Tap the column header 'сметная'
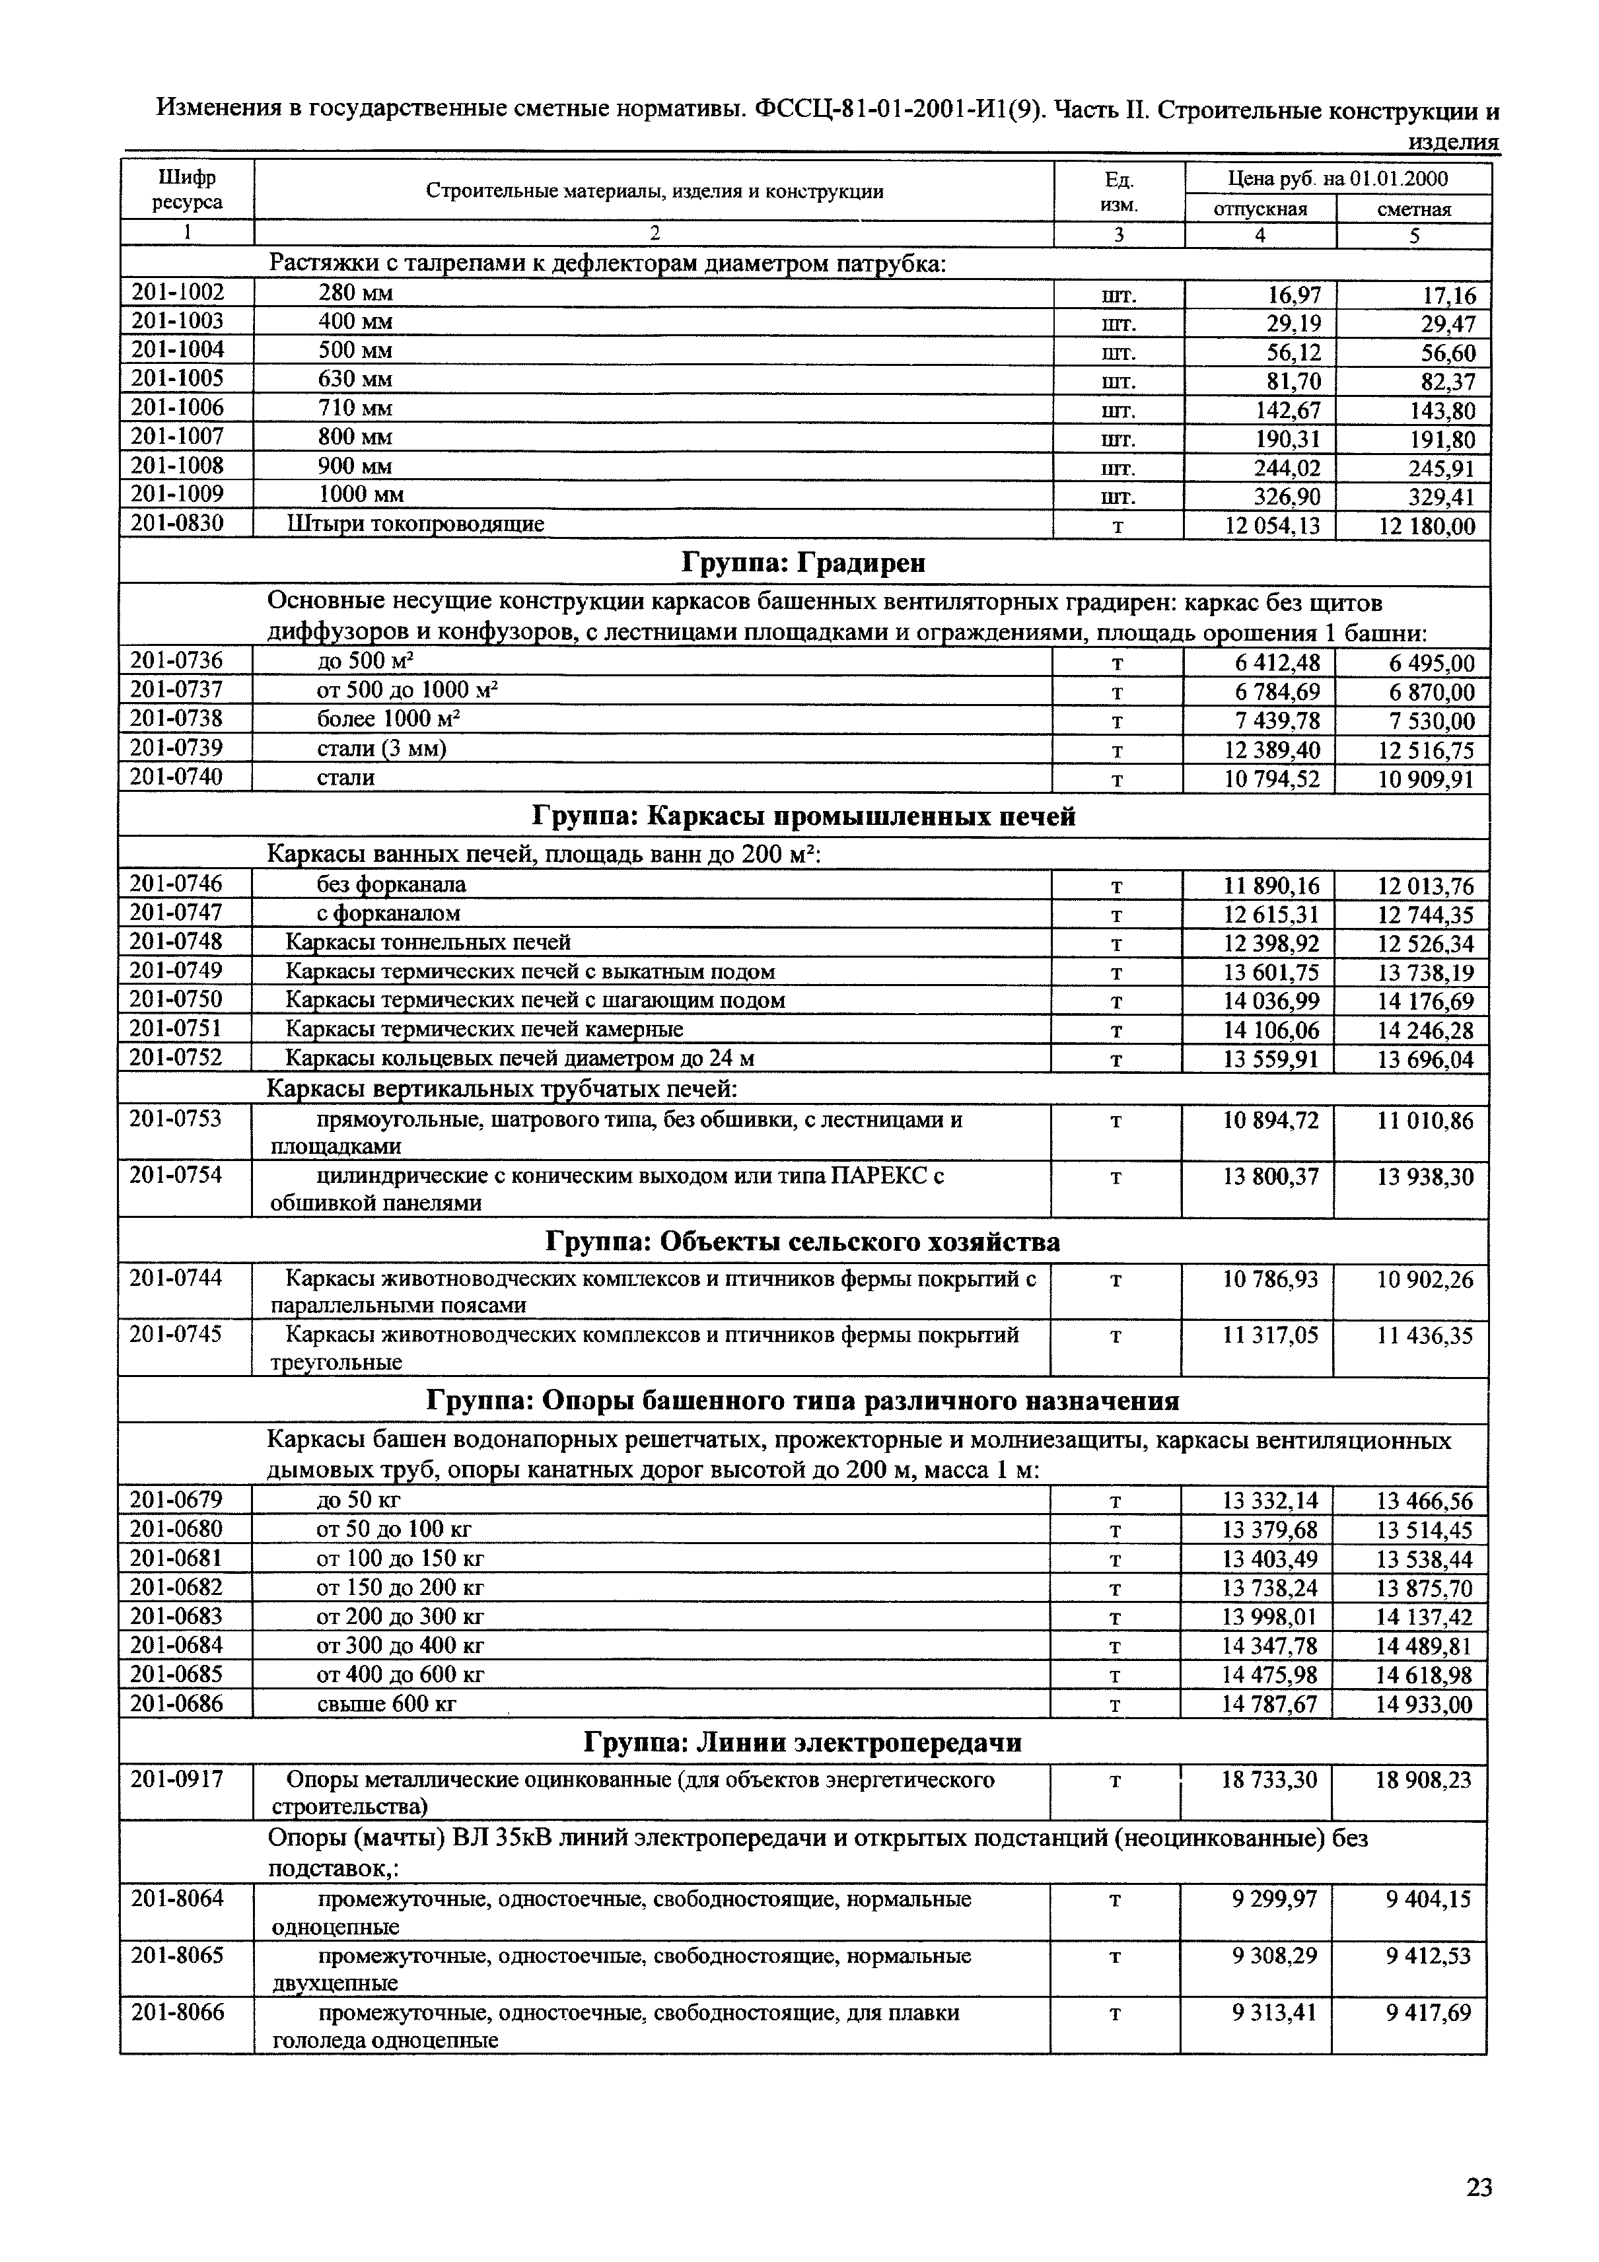pos(1414,209)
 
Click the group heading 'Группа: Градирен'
pos(803,563)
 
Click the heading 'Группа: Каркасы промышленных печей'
pos(803,817)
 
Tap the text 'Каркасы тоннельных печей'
pos(427,943)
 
